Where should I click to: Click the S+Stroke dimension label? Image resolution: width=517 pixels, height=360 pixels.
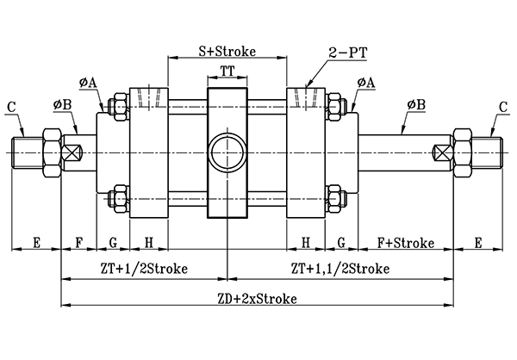(x=227, y=51)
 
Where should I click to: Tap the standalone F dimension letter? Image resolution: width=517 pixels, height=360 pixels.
(x=80, y=242)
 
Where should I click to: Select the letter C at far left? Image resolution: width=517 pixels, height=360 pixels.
(x=10, y=108)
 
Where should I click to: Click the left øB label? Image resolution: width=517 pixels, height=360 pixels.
(x=62, y=105)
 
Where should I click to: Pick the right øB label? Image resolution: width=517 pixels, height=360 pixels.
(x=416, y=104)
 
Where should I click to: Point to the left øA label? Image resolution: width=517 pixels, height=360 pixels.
(x=88, y=83)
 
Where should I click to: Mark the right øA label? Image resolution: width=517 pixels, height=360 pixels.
(x=365, y=83)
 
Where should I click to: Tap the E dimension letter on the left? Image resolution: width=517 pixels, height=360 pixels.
(x=36, y=242)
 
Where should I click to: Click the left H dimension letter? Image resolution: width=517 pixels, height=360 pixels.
(x=149, y=242)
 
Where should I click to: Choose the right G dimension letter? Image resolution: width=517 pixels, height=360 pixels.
(x=341, y=242)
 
